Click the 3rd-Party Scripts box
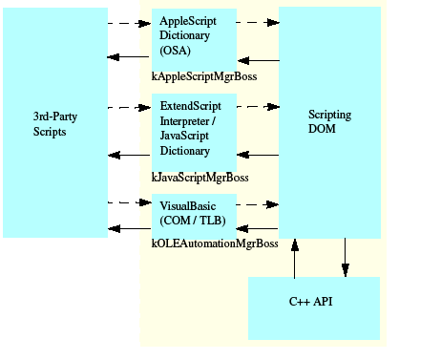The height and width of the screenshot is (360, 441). tap(49, 124)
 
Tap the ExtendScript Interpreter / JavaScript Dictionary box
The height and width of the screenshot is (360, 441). tap(194, 133)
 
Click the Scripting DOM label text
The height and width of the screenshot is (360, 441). tap(329, 122)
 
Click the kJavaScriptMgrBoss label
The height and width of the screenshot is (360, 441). tap(200, 177)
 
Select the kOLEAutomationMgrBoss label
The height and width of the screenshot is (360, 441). tap(215, 244)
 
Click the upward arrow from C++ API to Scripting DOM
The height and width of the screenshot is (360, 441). tap(295, 258)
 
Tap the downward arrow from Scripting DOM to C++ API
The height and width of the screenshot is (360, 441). tap(346, 258)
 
